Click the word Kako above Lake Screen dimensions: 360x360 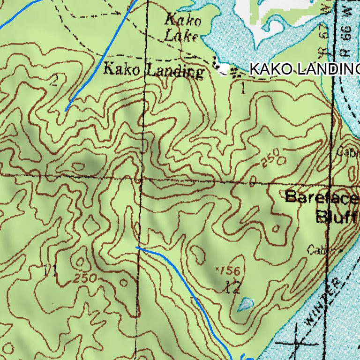[183, 20]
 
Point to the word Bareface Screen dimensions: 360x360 [322, 197]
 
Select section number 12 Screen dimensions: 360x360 [232, 287]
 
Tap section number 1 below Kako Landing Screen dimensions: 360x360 [242, 88]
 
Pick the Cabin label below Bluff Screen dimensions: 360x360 [321, 250]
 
